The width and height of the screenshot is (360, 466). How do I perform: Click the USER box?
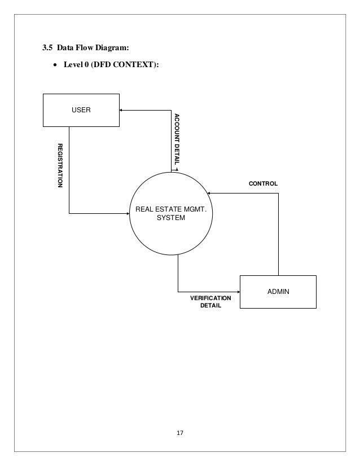(81, 109)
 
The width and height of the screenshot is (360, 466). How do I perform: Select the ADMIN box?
(278, 292)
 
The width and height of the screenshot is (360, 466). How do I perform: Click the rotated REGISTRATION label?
(59, 165)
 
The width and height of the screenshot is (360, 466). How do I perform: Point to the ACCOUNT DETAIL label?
(176, 140)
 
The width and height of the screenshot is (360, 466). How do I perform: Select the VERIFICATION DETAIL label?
(210, 302)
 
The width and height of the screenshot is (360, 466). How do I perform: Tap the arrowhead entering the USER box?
(122, 110)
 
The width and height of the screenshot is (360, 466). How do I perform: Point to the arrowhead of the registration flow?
(127, 213)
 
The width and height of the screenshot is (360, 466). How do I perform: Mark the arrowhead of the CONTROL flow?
(208, 193)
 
